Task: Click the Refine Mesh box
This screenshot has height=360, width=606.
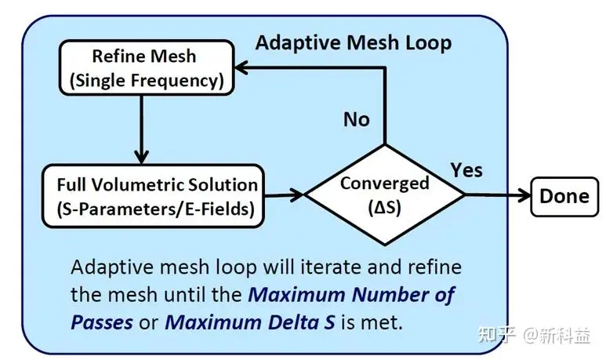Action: tap(147, 67)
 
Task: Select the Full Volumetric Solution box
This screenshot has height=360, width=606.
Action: tap(154, 196)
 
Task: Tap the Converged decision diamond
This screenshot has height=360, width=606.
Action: tap(385, 195)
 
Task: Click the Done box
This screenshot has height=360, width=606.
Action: tap(564, 196)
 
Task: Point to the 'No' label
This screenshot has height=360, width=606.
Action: tap(357, 119)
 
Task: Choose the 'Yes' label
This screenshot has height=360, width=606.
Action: tap(466, 170)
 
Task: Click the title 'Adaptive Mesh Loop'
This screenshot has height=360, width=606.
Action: tap(354, 42)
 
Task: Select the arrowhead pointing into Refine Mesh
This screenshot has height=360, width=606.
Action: tap(241, 67)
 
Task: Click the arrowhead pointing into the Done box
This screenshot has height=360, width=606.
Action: tap(524, 195)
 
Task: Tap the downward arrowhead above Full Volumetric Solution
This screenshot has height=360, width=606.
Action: tap(141, 157)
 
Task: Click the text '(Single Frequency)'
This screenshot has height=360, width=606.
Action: tap(147, 81)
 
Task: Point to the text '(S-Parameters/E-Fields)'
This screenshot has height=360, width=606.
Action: tap(156, 209)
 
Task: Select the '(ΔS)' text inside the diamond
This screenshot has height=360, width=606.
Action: tap(385, 208)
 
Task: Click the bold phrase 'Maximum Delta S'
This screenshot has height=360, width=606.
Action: tap(250, 322)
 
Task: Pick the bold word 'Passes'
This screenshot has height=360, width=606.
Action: tap(102, 322)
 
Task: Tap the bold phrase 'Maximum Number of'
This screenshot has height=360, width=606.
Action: tap(351, 295)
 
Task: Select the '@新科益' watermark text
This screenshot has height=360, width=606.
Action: tap(557, 335)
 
